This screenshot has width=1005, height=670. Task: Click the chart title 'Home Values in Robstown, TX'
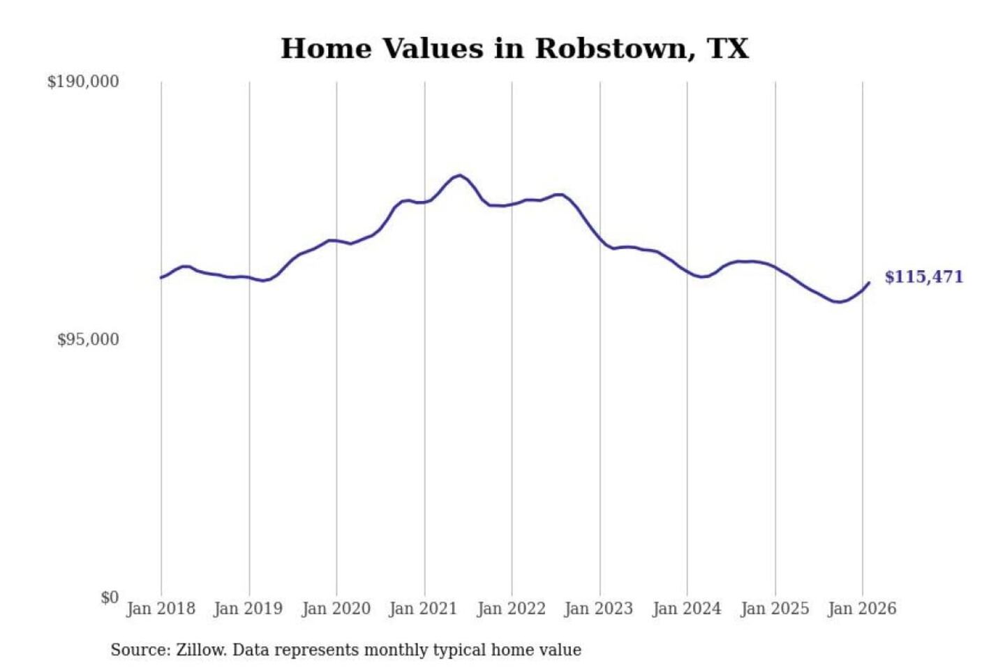[514, 49]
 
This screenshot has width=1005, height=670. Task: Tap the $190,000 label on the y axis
[83, 82]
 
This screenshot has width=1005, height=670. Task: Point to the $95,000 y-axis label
[88, 340]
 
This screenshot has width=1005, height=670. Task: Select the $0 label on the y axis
[110, 597]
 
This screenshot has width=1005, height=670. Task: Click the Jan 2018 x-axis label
[161, 609]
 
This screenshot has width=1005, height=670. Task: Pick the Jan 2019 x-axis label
[248, 609]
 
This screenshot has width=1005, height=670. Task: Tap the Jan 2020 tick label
[336, 609]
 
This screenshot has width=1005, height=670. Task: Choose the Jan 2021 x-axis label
[423, 609]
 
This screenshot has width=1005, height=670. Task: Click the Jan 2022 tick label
[511, 609]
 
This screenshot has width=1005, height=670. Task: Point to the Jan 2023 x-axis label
[598, 609]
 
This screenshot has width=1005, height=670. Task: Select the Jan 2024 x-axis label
[686, 609]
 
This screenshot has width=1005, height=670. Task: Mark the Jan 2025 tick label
[774, 609]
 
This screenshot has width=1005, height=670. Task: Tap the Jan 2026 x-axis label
[862, 609]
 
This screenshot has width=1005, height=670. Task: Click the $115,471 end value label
[923, 277]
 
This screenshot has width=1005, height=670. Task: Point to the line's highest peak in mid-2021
[459, 175]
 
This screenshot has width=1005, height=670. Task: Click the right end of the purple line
[869, 283]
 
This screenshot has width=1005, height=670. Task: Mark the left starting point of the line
[161, 278]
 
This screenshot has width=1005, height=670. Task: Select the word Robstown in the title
[611, 49]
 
